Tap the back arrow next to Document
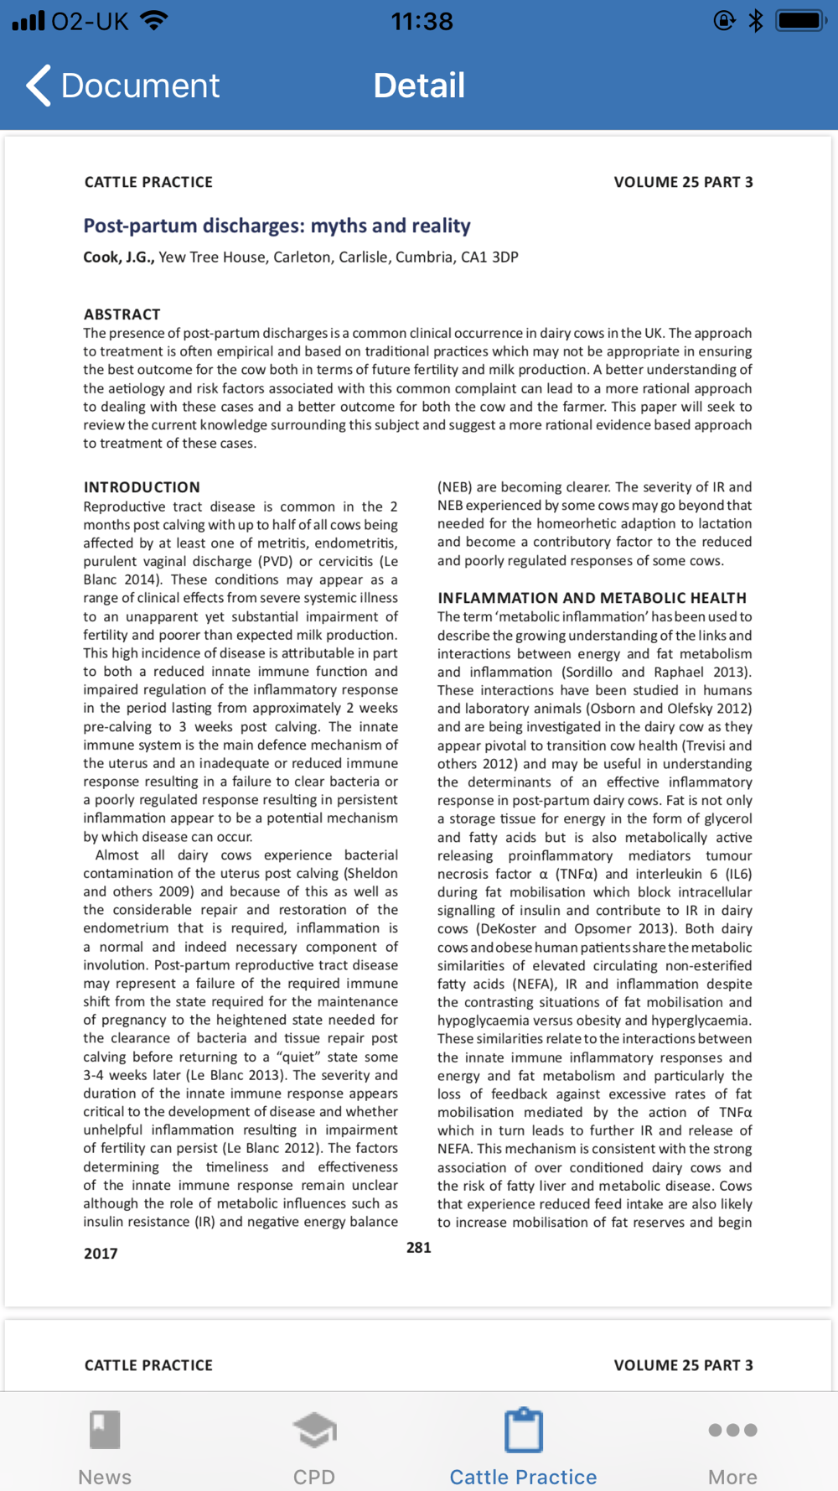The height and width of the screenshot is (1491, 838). tap(39, 85)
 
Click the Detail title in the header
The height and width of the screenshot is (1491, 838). tap(419, 85)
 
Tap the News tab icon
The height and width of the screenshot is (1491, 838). tap(105, 1431)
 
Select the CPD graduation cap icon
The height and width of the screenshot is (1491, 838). tap(314, 1431)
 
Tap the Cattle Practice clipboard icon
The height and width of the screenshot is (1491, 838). tap(524, 1431)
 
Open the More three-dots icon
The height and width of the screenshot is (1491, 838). tap(732, 1430)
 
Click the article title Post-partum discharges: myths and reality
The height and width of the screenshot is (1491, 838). tap(277, 226)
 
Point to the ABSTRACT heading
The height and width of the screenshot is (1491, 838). tap(122, 314)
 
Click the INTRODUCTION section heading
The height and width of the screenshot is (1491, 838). tap(142, 487)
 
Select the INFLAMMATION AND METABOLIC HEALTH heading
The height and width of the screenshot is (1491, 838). tap(592, 598)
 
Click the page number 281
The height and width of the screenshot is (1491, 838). tap(419, 1248)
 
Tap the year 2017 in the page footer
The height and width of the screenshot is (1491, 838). tap(101, 1254)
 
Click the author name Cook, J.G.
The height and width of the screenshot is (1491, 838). tap(118, 257)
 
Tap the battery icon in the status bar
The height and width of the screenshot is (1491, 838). tap(801, 21)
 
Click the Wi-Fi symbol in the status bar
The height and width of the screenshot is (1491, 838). tap(153, 21)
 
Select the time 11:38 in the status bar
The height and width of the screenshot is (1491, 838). tap(422, 21)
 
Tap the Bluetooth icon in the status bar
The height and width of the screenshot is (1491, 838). tap(756, 21)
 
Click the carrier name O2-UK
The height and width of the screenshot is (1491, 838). tap(90, 21)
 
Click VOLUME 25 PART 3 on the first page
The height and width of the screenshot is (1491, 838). tap(683, 182)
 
